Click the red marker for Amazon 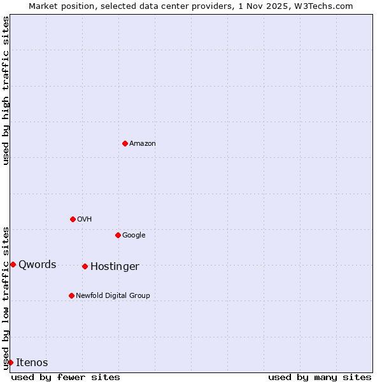coord(125,143)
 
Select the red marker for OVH coord(73,219)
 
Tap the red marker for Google coord(118,235)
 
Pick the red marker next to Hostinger coord(85,266)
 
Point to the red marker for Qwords coord(13,264)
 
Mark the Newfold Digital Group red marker coord(71,295)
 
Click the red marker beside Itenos coord(10,362)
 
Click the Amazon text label coord(143,144)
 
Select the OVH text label coord(85,220)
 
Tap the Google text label coord(134,236)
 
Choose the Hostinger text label coord(115,267)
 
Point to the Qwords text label coord(38,265)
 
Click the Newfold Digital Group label coord(113,296)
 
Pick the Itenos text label coord(32,363)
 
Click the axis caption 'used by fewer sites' coord(66,378)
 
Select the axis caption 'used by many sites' coord(320,378)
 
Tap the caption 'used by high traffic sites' coord(6,90)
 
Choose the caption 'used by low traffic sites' coord(6,297)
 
